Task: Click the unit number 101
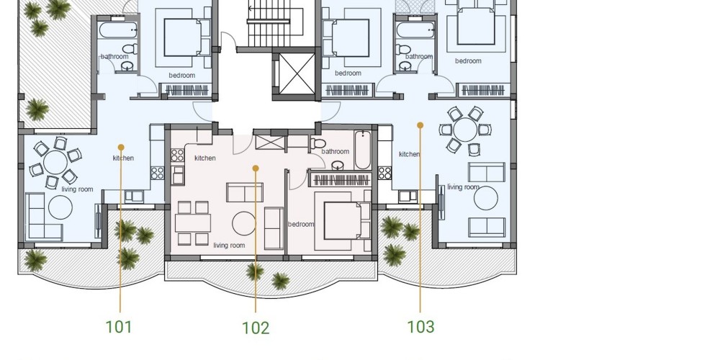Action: [119, 327]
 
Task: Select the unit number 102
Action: [256, 328]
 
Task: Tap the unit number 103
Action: [420, 326]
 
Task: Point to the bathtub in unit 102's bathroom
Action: [362, 150]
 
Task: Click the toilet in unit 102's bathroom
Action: [318, 143]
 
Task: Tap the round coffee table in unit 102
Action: [244, 223]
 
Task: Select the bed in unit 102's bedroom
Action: [343, 221]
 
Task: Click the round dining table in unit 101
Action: [55, 163]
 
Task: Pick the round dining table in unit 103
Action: [465, 130]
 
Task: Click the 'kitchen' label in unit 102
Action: [204, 158]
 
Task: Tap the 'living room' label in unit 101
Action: [77, 189]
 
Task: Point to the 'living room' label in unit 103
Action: [463, 187]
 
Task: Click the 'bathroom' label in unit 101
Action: [114, 56]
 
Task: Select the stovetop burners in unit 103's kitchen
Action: [384, 173]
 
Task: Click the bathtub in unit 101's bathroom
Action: [119, 30]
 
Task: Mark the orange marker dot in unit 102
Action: [256, 168]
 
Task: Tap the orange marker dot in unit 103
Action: [420, 125]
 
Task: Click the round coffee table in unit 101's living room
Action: [60, 207]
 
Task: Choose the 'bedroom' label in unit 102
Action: [301, 224]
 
